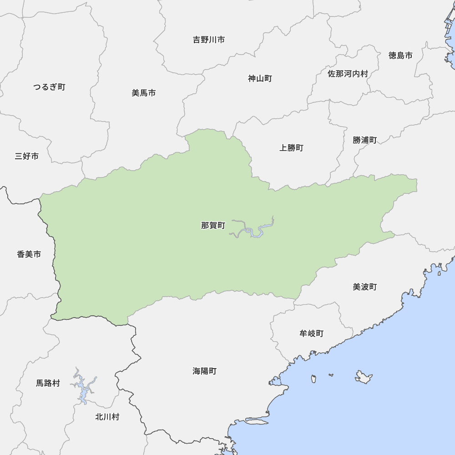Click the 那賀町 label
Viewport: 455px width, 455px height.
(x=213, y=225)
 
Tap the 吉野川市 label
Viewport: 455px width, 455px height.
(x=209, y=40)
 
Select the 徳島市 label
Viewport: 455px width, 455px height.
(x=400, y=56)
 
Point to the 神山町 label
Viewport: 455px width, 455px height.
(x=260, y=79)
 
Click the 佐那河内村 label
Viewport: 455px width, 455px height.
(x=348, y=73)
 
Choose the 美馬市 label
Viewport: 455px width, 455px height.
(x=144, y=93)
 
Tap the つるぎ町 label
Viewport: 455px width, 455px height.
(x=49, y=87)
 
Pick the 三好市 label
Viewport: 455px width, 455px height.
(x=27, y=157)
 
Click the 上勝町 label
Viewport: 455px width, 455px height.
(x=291, y=148)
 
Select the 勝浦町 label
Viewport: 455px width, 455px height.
(x=364, y=140)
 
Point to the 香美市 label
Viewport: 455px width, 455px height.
(x=29, y=254)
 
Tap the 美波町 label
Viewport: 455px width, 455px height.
(x=364, y=287)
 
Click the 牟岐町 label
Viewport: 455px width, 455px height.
(x=311, y=334)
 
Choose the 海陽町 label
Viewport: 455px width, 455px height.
(x=204, y=371)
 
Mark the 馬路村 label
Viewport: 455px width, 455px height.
(x=48, y=383)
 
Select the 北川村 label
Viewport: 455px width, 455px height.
(x=107, y=417)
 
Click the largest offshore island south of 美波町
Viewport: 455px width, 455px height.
(x=364, y=377)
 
